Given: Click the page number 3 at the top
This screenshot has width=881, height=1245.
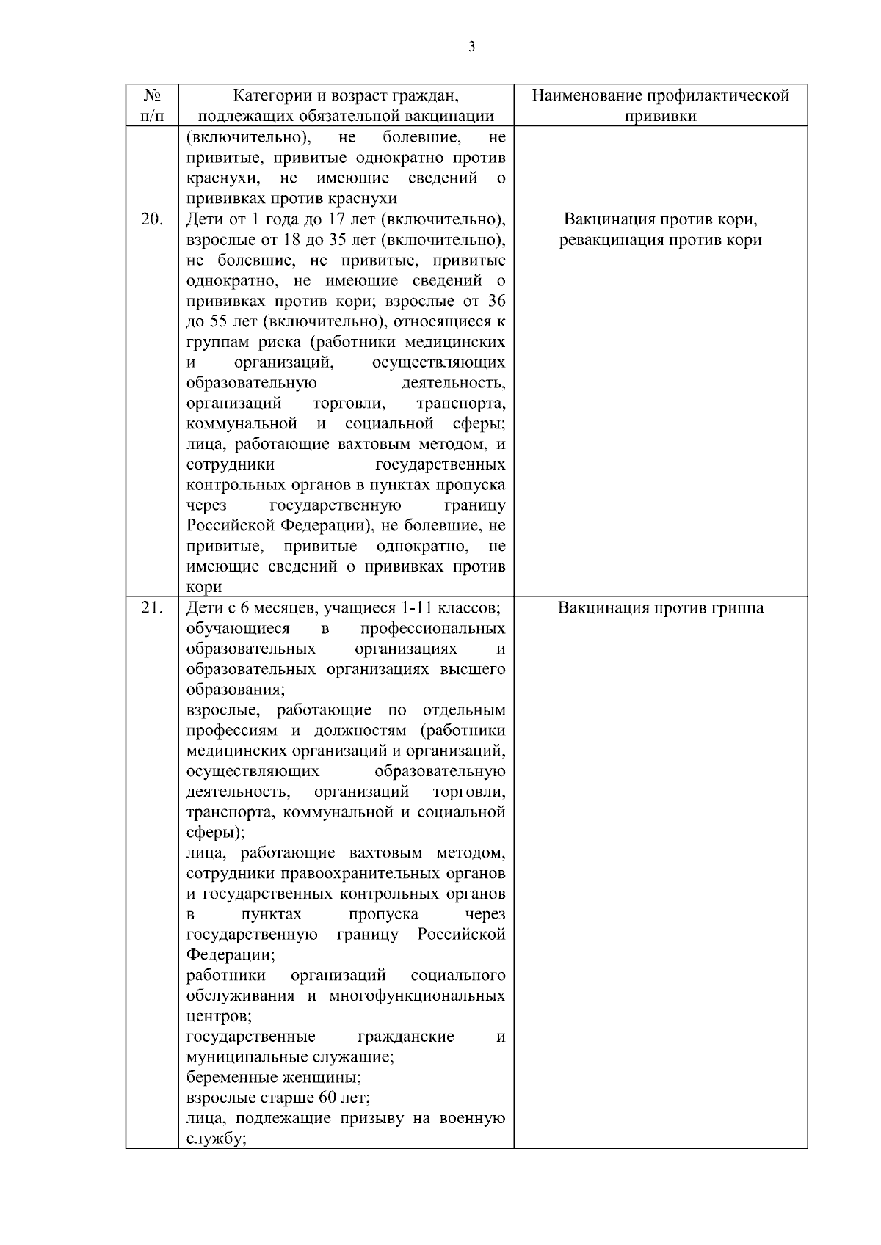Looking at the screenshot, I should (x=471, y=48).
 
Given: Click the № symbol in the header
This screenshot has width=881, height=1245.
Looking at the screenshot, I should (x=152, y=96).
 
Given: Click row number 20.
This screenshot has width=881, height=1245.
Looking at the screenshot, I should (x=152, y=219).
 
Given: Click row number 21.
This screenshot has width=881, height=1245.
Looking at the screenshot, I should (x=152, y=607).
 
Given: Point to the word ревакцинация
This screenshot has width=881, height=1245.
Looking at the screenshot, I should (x=612, y=240).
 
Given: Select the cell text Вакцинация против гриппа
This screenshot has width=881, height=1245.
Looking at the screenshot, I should (x=660, y=607).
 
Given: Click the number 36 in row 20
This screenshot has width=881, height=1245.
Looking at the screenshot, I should (x=496, y=301).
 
